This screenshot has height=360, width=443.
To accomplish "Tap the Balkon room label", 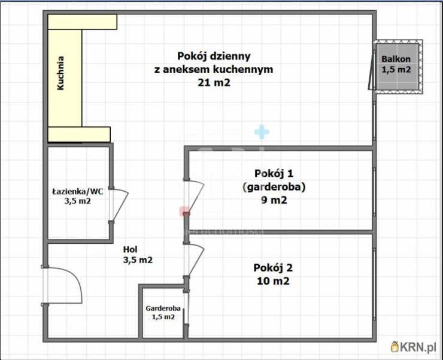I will (396, 59).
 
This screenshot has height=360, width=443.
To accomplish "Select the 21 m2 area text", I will (214, 83).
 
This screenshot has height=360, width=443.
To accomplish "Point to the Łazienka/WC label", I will (77, 192).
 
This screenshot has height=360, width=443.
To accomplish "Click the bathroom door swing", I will (119, 205).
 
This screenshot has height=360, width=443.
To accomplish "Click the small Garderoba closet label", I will (163, 308).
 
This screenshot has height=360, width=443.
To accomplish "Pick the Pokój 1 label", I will (274, 174).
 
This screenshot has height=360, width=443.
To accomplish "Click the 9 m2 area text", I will (274, 201).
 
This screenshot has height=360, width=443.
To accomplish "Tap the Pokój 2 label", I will (273, 267).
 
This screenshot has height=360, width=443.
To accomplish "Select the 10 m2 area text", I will (273, 281).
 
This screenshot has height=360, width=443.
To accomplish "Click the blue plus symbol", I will (262, 132).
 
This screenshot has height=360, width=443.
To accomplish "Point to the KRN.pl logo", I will (414, 346).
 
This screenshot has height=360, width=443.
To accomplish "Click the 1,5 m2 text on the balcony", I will (396, 69).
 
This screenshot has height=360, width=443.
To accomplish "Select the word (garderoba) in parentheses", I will (274, 187).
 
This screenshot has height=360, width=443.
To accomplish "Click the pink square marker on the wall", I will (185, 211).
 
